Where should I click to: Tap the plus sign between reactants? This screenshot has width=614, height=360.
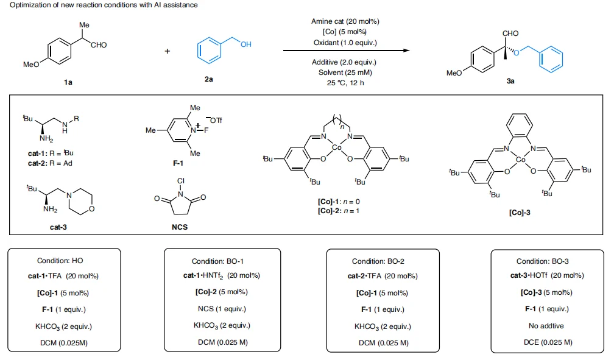point(168,51)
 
